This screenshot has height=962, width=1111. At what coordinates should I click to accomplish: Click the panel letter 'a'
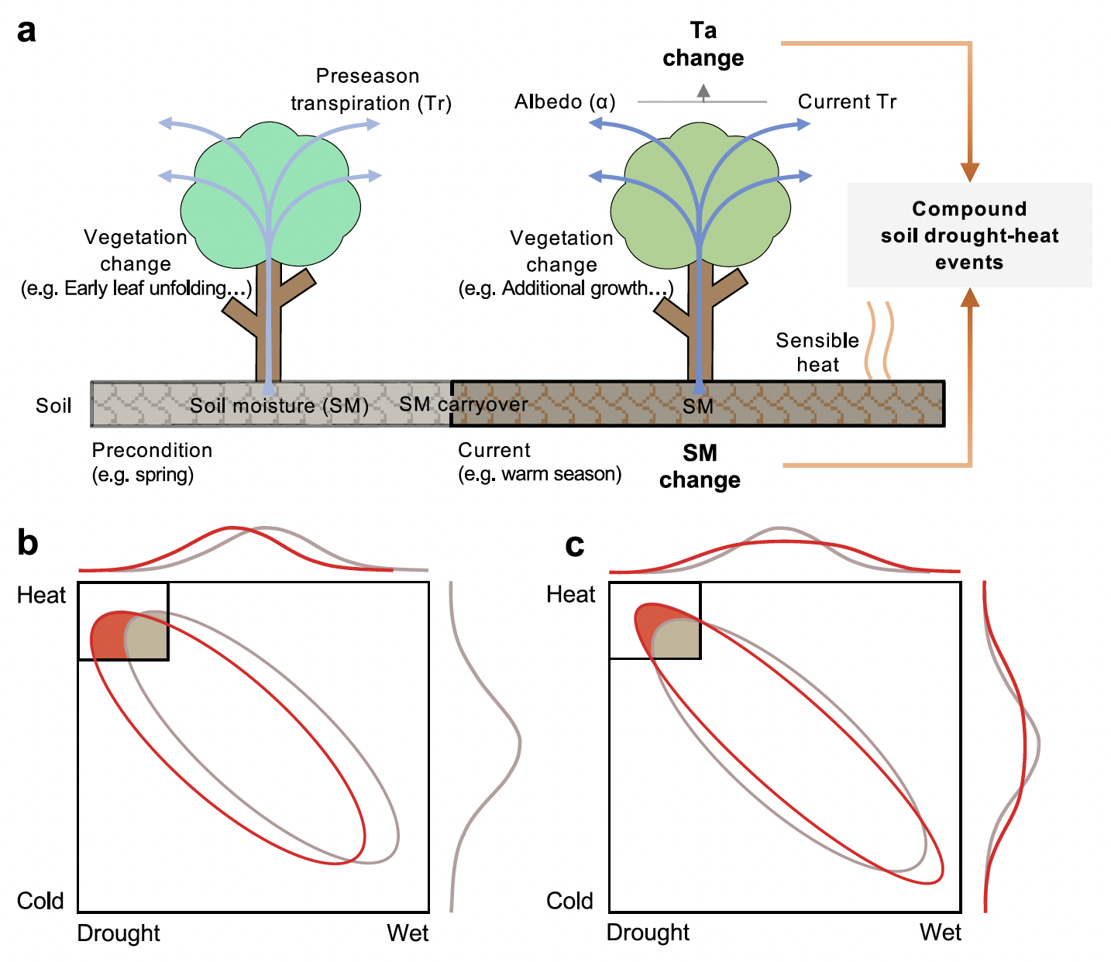[x=26, y=33]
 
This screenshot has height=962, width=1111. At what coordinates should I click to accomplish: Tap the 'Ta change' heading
[x=703, y=44]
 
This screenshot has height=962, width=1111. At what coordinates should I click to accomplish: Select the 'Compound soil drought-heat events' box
[x=969, y=235]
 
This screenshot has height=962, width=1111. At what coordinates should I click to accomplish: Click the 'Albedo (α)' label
[x=565, y=102]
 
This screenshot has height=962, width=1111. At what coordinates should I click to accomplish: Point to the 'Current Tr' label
[x=847, y=102]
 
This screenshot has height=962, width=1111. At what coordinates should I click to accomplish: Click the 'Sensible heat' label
[x=817, y=352]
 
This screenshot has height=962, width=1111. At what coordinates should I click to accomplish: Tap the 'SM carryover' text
[x=463, y=404]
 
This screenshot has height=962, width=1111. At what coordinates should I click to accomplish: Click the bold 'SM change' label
[x=700, y=466]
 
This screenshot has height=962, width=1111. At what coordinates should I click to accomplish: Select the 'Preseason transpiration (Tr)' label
[x=370, y=90]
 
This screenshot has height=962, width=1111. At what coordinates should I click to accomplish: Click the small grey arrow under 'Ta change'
[x=703, y=92]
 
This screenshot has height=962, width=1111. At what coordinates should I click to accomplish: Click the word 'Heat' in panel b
[x=41, y=595]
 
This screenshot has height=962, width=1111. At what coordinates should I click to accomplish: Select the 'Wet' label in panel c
[x=940, y=932]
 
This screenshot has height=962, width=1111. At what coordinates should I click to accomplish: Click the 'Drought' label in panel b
[x=119, y=933]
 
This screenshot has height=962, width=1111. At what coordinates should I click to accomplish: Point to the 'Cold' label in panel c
[x=569, y=901]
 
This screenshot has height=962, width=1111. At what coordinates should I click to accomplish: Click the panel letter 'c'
[x=574, y=546]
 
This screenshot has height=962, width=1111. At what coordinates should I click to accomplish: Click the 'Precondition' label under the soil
[x=152, y=450]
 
